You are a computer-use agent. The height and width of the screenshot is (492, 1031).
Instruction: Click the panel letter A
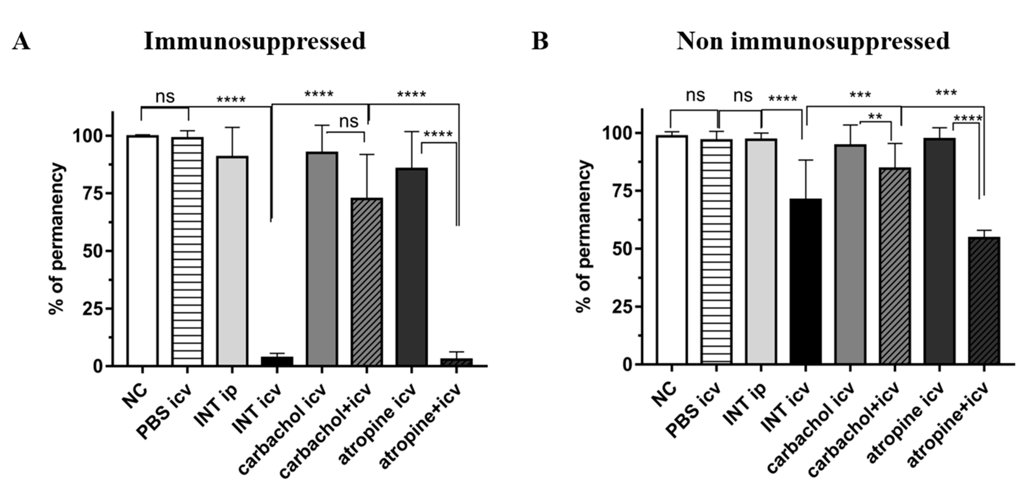point(21,41)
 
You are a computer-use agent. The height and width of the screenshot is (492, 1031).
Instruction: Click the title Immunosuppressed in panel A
point(255,41)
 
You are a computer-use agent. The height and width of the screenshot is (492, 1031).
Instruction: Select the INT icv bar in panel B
point(806,282)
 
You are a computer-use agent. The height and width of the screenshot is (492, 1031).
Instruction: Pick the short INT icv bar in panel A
point(277,361)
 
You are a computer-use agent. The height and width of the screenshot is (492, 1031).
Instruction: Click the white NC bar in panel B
point(672,250)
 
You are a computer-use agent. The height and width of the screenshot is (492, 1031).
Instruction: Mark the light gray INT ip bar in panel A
point(232,261)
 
